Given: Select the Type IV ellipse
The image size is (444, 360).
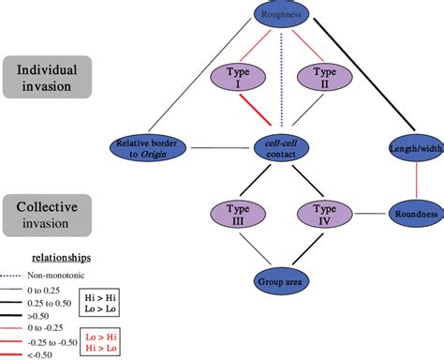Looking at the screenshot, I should [322, 213].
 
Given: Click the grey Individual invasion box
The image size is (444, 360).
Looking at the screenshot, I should [49, 77].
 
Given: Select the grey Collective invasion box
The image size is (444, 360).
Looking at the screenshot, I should [49, 211].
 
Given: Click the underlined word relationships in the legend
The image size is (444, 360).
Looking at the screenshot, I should [61, 255].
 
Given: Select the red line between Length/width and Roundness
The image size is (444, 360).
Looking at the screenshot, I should [415, 179].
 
